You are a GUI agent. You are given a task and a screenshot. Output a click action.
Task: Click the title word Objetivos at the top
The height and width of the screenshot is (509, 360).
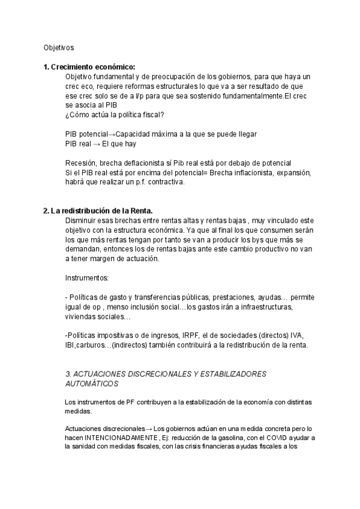(59, 46)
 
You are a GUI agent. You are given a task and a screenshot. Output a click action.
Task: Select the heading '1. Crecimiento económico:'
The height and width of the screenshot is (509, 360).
(89, 67)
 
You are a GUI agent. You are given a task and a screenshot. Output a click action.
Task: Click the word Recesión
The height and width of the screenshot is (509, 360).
(80, 163)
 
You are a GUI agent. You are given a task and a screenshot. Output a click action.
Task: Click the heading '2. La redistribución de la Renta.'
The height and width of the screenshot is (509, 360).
(98, 211)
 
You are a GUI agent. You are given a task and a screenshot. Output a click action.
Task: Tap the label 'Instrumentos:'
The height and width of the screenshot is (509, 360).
(86, 278)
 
